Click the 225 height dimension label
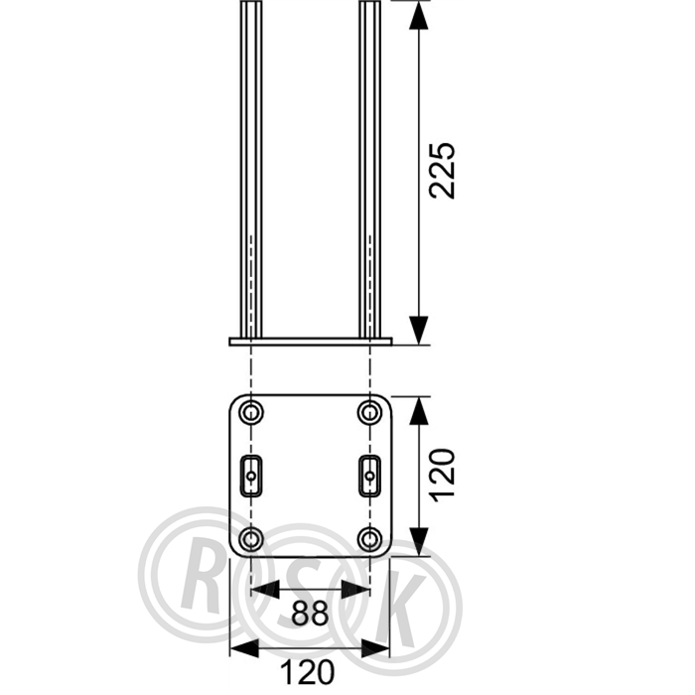pyautogui.click(x=443, y=170)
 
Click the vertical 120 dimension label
pyautogui.click(x=443, y=476)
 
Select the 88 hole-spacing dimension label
pyautogui.click(x=310, y=614)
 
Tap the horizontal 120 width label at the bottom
pyautogui.click(x=309, y=672)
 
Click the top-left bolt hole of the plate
pyautogui.click(x=251, y=413)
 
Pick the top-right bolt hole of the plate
pyautogui.click(x=369, y=413)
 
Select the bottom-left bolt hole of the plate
pyautogui.click(x=251, y=538)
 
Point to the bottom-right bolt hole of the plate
pyautogui.click(x=369, y=538)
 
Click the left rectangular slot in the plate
pyautogui.click(x=251, y=476)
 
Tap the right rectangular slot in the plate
pyautogui.click(x=369, y=476)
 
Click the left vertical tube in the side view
pyautogui.click(x=251, y=169)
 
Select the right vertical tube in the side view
pyautogui.click(x=369, y=169)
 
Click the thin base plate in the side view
pyautogui.click(x=311, y=342)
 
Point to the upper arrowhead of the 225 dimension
pyautogui.click(x=419, y=16)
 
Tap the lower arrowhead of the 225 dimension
pyautogui.click(x=419, y=331)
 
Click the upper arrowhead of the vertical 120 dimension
pyautogui.click(x=419, y=411)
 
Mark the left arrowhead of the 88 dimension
pyautogui.click(x=265, y=590)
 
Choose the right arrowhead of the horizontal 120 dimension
pyautogui.click(x=375, y=648)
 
